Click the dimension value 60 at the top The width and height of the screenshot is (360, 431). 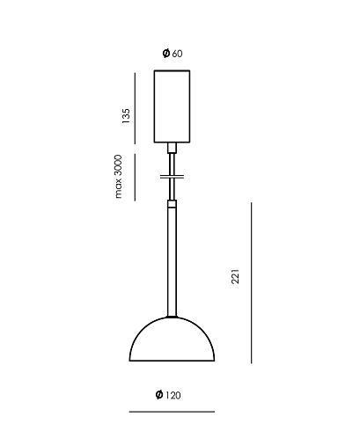[x=178, y=54]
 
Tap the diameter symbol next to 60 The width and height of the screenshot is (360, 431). [x=166, y=53]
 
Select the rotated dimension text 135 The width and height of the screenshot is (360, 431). [x=126, y=116]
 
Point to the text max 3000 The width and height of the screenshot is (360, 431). [x=118, y=177]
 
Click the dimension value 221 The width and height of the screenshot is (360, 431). [x=235, y=276]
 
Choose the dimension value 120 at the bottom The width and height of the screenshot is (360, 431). [x=173, y=396]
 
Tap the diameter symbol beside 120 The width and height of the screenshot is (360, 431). [x=159, y=395]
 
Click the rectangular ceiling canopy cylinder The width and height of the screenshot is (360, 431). [x=172, y=106]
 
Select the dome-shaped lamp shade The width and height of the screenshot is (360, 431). [x=172, y=339]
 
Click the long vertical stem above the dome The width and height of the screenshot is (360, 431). [x=172, y=262]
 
